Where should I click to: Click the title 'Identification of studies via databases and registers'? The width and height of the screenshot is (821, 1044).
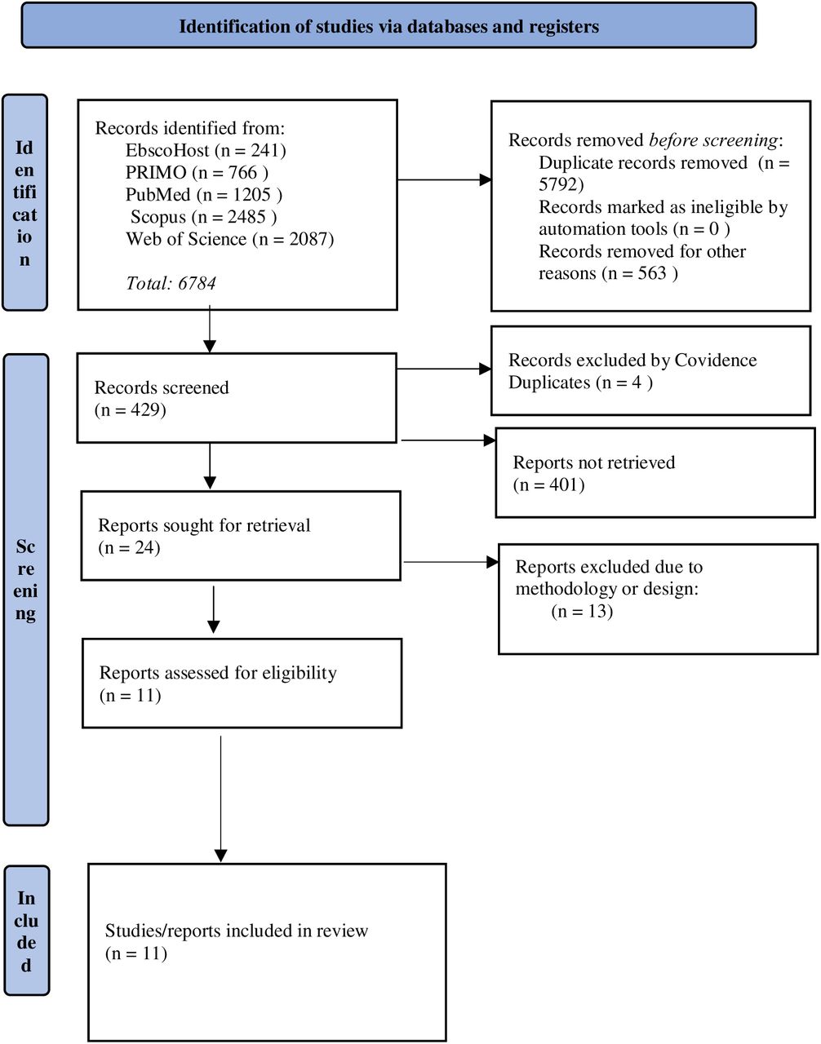point(388,26)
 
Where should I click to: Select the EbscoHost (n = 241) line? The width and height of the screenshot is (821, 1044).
point(206,150)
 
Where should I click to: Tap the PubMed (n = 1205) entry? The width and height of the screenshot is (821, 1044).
point(204,195)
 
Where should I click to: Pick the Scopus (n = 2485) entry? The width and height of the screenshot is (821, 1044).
point(204,217)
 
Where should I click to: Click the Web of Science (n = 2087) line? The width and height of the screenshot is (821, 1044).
point(230,239)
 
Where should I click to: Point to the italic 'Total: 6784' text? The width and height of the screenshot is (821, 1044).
point(171,283)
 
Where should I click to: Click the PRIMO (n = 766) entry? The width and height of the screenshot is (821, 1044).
point(197,172)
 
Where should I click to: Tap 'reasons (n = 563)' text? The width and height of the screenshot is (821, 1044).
point(608,273)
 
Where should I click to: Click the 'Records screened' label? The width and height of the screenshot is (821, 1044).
point(162,387)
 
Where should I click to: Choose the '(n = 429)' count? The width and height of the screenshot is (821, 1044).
point(131,409)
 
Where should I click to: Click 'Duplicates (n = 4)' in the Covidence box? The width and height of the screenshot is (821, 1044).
point(581,383)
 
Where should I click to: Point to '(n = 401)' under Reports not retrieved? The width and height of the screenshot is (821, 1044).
point(549,484)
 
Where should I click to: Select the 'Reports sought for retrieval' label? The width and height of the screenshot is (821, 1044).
point(204,525)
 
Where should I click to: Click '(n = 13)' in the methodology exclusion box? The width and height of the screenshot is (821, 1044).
point(582,611)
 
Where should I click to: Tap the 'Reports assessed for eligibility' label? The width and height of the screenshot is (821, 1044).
point(218,673)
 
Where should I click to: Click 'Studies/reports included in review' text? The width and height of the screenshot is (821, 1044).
point(237,931)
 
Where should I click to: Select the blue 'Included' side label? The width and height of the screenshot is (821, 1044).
point(26,930)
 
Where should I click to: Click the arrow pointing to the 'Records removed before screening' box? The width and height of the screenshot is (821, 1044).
point(445,179)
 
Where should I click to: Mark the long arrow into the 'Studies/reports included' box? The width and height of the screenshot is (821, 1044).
point(220,799)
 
